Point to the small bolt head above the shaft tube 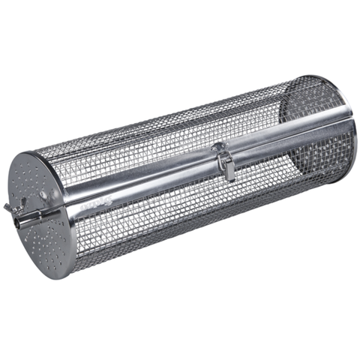43,193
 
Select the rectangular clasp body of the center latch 224,165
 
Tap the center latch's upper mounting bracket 218,148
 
